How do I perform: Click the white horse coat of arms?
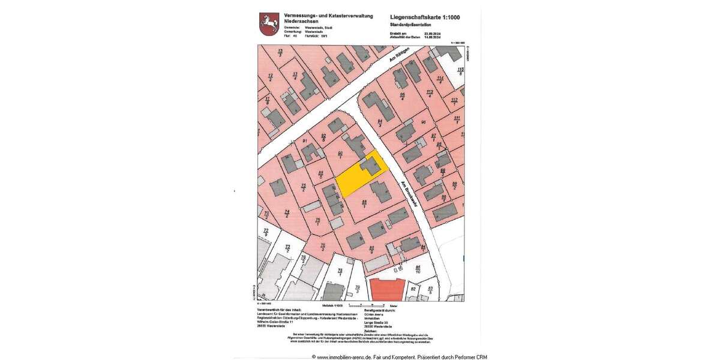[266, 24]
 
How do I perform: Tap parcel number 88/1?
[364, 204]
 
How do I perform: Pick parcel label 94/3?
[380, 123]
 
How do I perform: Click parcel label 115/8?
[461, 72]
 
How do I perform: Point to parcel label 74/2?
[287, 214]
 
